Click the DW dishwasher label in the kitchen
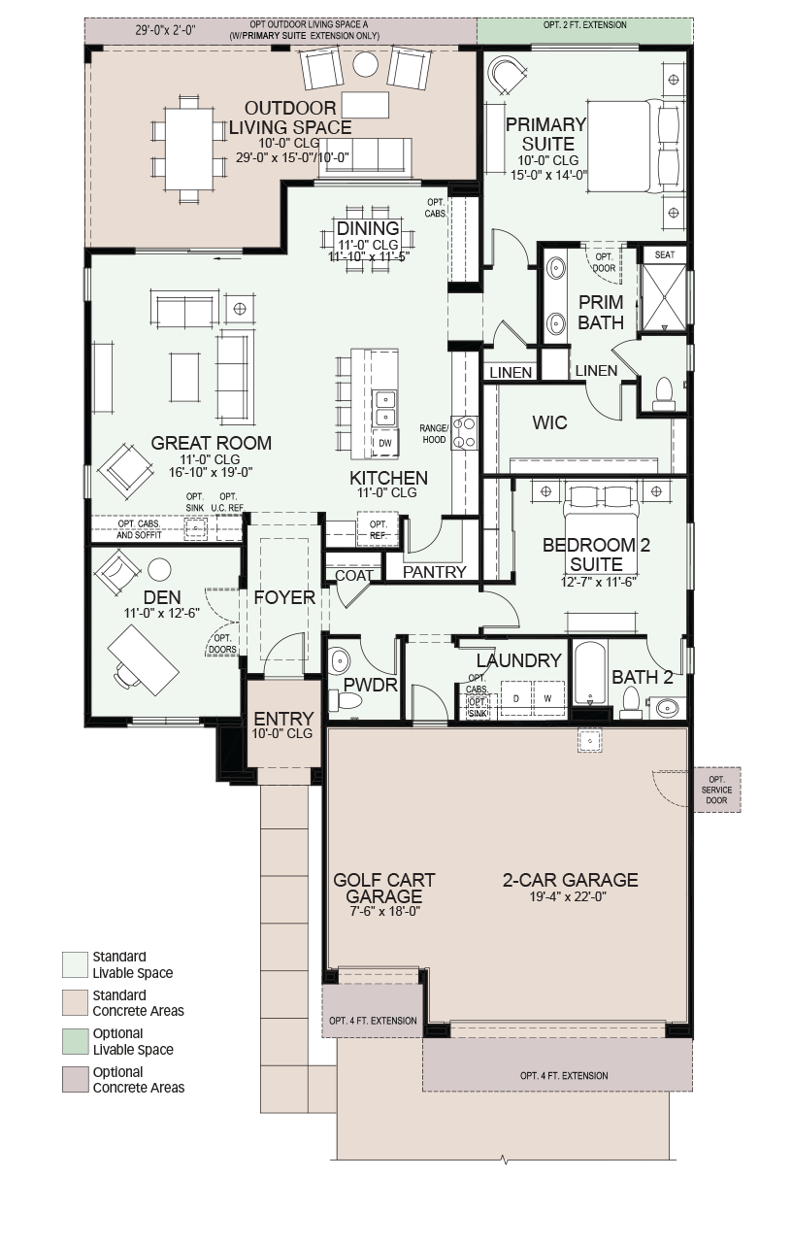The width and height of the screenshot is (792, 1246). click(x=385, y=443)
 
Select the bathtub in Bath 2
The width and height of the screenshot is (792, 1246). click(x=590, y=674)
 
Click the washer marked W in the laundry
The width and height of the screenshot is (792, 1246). click(x=549, y=698)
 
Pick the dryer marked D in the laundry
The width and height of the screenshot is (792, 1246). click(x=516, y=698)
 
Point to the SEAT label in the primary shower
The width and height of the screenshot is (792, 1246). click(x=664, y=254)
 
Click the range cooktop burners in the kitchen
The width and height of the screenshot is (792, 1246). click(x=464, y=433)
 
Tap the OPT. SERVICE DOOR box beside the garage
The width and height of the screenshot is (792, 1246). click(x=716, y=790)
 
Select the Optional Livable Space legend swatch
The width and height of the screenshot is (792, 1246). click(x=75, y=1042)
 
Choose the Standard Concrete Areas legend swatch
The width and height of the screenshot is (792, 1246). click(x=75, y=1003)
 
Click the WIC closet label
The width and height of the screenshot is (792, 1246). click(x=549, y=422)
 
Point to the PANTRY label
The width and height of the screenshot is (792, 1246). click(x=434, y=572)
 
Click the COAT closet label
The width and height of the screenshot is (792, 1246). click(x=354, y=576)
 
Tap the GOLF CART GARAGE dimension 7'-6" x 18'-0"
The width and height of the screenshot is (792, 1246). click(x=383, y=911)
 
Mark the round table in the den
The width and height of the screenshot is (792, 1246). click(x=159, y=570)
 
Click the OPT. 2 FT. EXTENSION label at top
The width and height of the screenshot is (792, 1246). click(x=584, y=25)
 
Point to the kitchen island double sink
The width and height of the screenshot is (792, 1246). click(x=384, y=408)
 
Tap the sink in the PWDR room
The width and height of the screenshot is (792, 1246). click(x=339, y=661)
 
